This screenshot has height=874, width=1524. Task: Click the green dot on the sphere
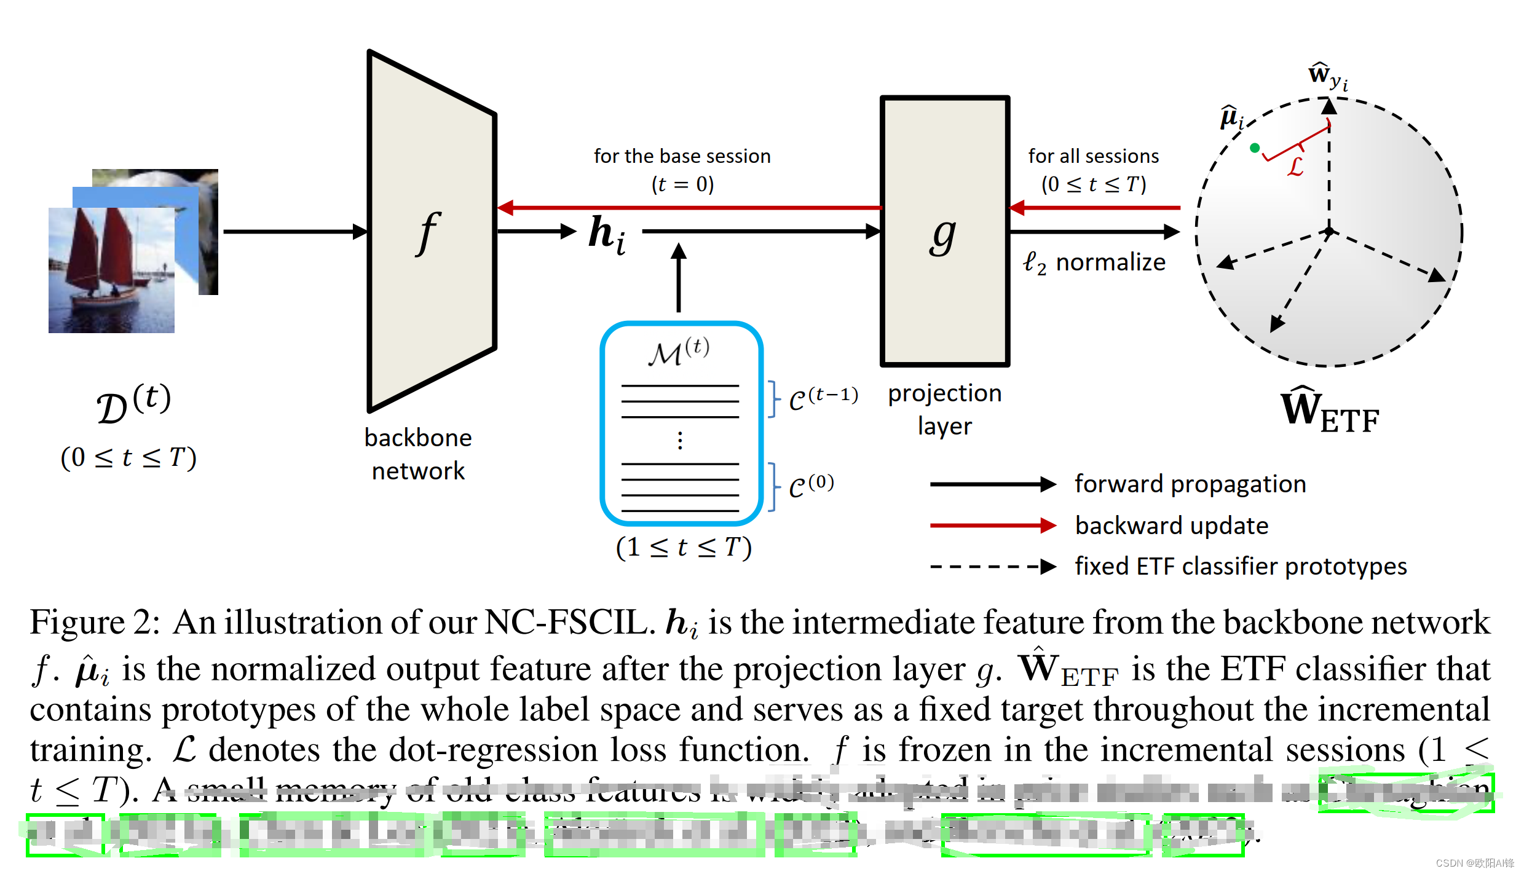[1255, 148]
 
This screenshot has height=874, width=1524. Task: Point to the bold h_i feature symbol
[607, 235]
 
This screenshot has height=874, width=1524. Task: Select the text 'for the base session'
[682, 156]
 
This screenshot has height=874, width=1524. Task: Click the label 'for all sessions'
[1093, 156]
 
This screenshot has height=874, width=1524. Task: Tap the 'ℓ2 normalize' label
[1094, 262]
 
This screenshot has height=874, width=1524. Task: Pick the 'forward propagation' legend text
[1190, 484]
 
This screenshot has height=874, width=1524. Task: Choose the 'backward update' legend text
[1172, 526]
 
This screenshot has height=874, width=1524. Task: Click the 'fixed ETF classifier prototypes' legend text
[1241, 567]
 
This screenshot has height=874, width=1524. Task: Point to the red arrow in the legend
[992, 526]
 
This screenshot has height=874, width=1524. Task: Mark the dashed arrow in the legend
[992, 566]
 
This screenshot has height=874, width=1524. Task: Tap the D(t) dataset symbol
[133, 404]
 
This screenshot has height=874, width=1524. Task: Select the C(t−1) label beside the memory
[823, 398]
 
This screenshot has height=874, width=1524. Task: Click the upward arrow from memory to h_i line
[679, 277]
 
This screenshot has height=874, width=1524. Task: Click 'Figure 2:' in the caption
[95, 622]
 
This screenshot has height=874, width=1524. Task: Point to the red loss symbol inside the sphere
[1295, 166]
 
